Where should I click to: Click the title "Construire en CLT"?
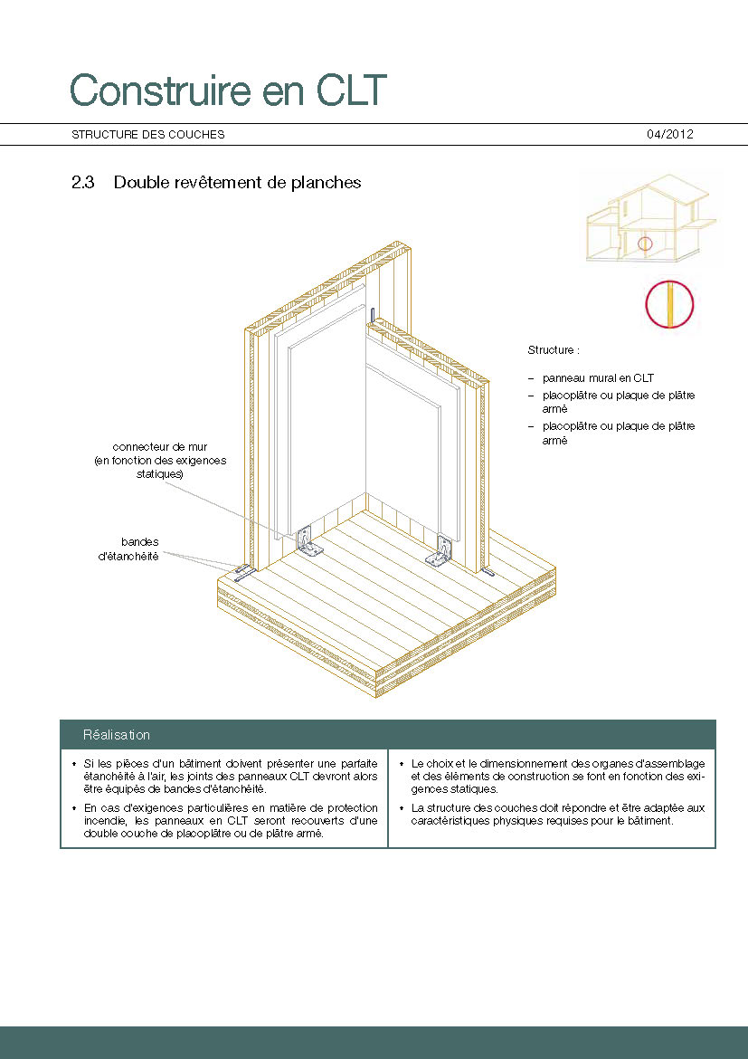[228, 91]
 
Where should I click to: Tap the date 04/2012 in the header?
[669, 134]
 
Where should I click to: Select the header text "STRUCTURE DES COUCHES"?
[148, 135]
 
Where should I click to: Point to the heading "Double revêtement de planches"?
[237, 183]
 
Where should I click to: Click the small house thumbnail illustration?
[649, 222]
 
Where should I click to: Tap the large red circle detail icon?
[669, 304]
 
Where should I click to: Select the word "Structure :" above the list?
[554, 349]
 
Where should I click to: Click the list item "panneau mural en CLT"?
[597, 377]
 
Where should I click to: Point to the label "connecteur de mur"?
[166, 447]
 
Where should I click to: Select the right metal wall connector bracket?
[443, 550]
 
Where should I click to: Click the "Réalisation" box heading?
[117, 735]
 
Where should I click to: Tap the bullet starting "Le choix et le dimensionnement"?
[557, 776]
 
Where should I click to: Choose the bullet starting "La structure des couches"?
[557, 814]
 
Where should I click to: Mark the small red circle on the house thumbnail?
[644, 243]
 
